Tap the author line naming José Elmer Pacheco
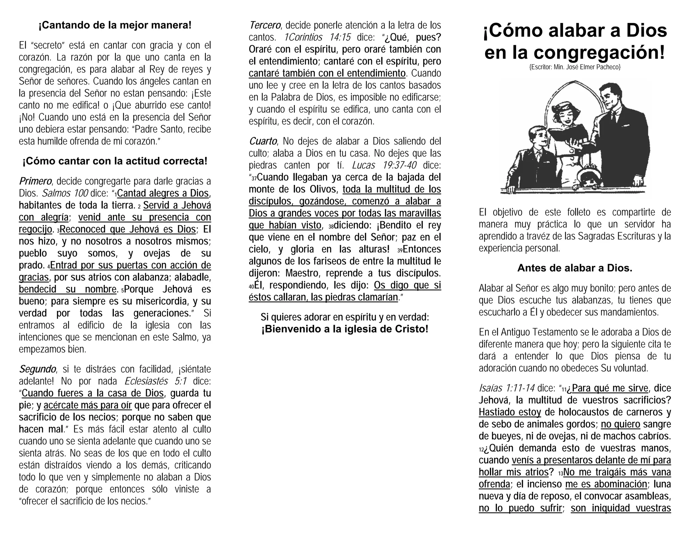[575, 67]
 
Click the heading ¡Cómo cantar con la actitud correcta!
[115, 161]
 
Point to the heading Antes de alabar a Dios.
[575, 268]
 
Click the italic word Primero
[35, 181]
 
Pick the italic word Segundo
[37, 369]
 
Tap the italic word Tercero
[265, 25]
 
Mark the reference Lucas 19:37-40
[384, 165]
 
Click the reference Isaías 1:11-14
[506, 388]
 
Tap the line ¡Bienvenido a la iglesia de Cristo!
[345, 329]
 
